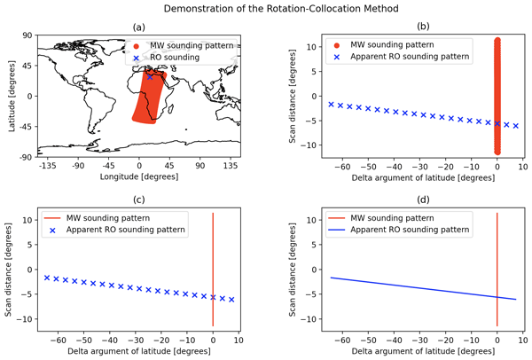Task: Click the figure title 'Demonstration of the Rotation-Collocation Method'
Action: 266,8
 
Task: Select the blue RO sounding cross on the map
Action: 151,77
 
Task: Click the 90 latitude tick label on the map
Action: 27,36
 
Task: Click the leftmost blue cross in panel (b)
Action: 331,104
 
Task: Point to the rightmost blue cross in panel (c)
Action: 231,300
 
